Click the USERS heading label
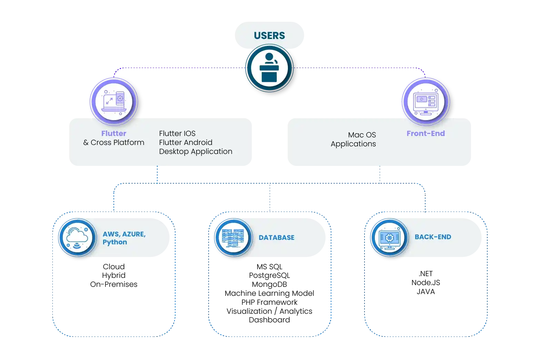269,36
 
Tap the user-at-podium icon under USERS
269,68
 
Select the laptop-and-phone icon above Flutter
114,101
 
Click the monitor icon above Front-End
426,102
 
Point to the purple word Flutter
114,133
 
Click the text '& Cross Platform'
114,143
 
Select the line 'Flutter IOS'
177,134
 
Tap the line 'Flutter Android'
186,143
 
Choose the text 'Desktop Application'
196,152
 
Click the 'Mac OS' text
362,135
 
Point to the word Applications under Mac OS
353,144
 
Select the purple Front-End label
426,133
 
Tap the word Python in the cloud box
114,242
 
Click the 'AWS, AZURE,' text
124,234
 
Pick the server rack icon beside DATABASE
233,237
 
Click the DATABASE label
277,237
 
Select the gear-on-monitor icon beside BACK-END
389,237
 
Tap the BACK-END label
433,237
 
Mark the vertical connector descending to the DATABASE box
269,197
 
